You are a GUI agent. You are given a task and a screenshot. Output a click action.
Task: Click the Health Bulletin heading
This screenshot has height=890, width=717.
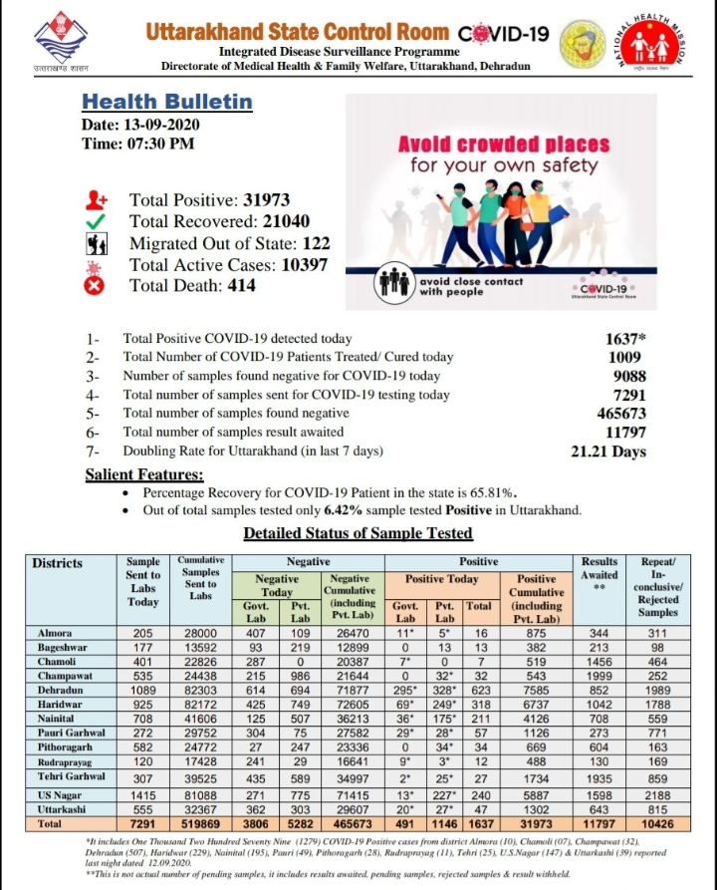[x=167, y=102]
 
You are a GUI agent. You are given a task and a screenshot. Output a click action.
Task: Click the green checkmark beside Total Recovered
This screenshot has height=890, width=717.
[x=97, y=222]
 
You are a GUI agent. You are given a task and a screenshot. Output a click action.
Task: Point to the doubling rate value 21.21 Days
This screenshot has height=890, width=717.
[x=608, y=451]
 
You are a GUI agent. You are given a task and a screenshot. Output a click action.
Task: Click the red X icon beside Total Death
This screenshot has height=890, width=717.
[x=97, y=286]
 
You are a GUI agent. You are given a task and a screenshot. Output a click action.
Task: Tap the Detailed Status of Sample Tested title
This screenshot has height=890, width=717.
[x=358, y=533]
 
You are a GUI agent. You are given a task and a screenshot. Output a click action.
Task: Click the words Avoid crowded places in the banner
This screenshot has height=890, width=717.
[x=504, y=144]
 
